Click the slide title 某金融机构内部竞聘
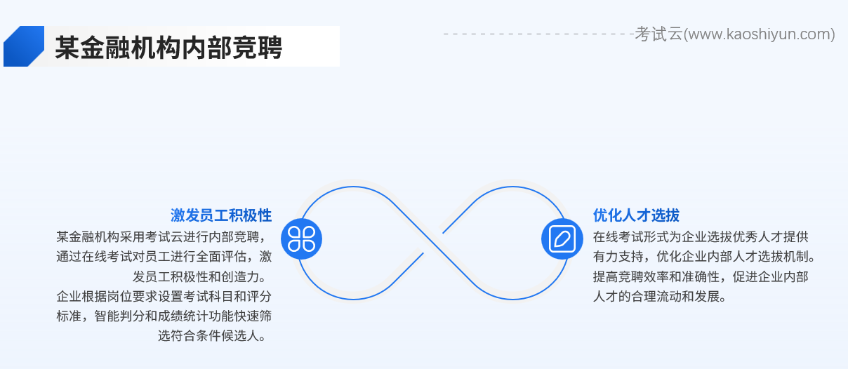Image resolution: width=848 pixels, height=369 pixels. [x=168, y=48]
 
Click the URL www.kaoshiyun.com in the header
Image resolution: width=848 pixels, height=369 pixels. [x=760, y=34]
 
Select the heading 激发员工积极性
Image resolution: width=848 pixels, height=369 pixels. [x=221, y=215]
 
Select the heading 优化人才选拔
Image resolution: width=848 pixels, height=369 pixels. [x=636, y=215]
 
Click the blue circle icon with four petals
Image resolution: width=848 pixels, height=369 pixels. [x=301, y=239]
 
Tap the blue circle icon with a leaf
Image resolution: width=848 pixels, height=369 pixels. [x=562, y=239]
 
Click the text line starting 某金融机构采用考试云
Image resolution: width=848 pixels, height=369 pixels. [x=164, y=236]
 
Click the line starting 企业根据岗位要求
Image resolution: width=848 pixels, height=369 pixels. [x=164, y=295]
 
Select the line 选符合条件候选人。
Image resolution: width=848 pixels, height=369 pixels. [x=215, y=335]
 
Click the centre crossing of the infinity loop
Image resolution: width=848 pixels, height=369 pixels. [x=432, y=242]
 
